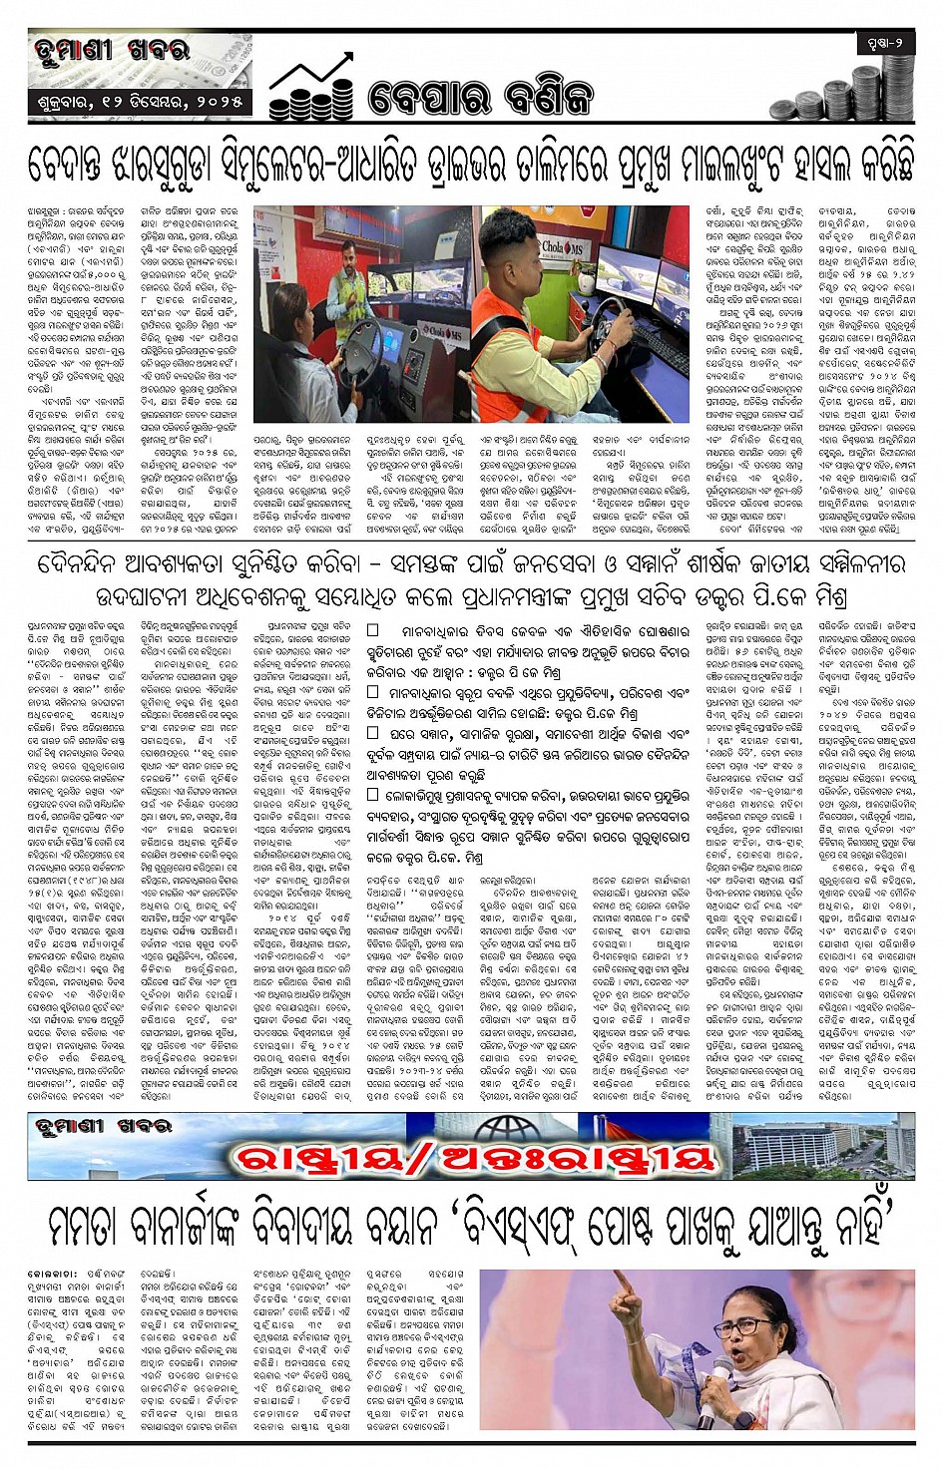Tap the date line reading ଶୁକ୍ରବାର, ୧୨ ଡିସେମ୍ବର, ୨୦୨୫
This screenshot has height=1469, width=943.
pyautogui.click(x=139, y=101)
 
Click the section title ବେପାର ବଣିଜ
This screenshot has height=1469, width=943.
pyautogui.click(x=480, y=97)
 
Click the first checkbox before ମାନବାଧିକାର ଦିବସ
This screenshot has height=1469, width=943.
pyautogui.click(x=373, y=630)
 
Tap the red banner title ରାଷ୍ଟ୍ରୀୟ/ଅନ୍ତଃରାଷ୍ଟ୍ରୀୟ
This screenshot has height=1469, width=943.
pyautogui.click(x=475, y=1158)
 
